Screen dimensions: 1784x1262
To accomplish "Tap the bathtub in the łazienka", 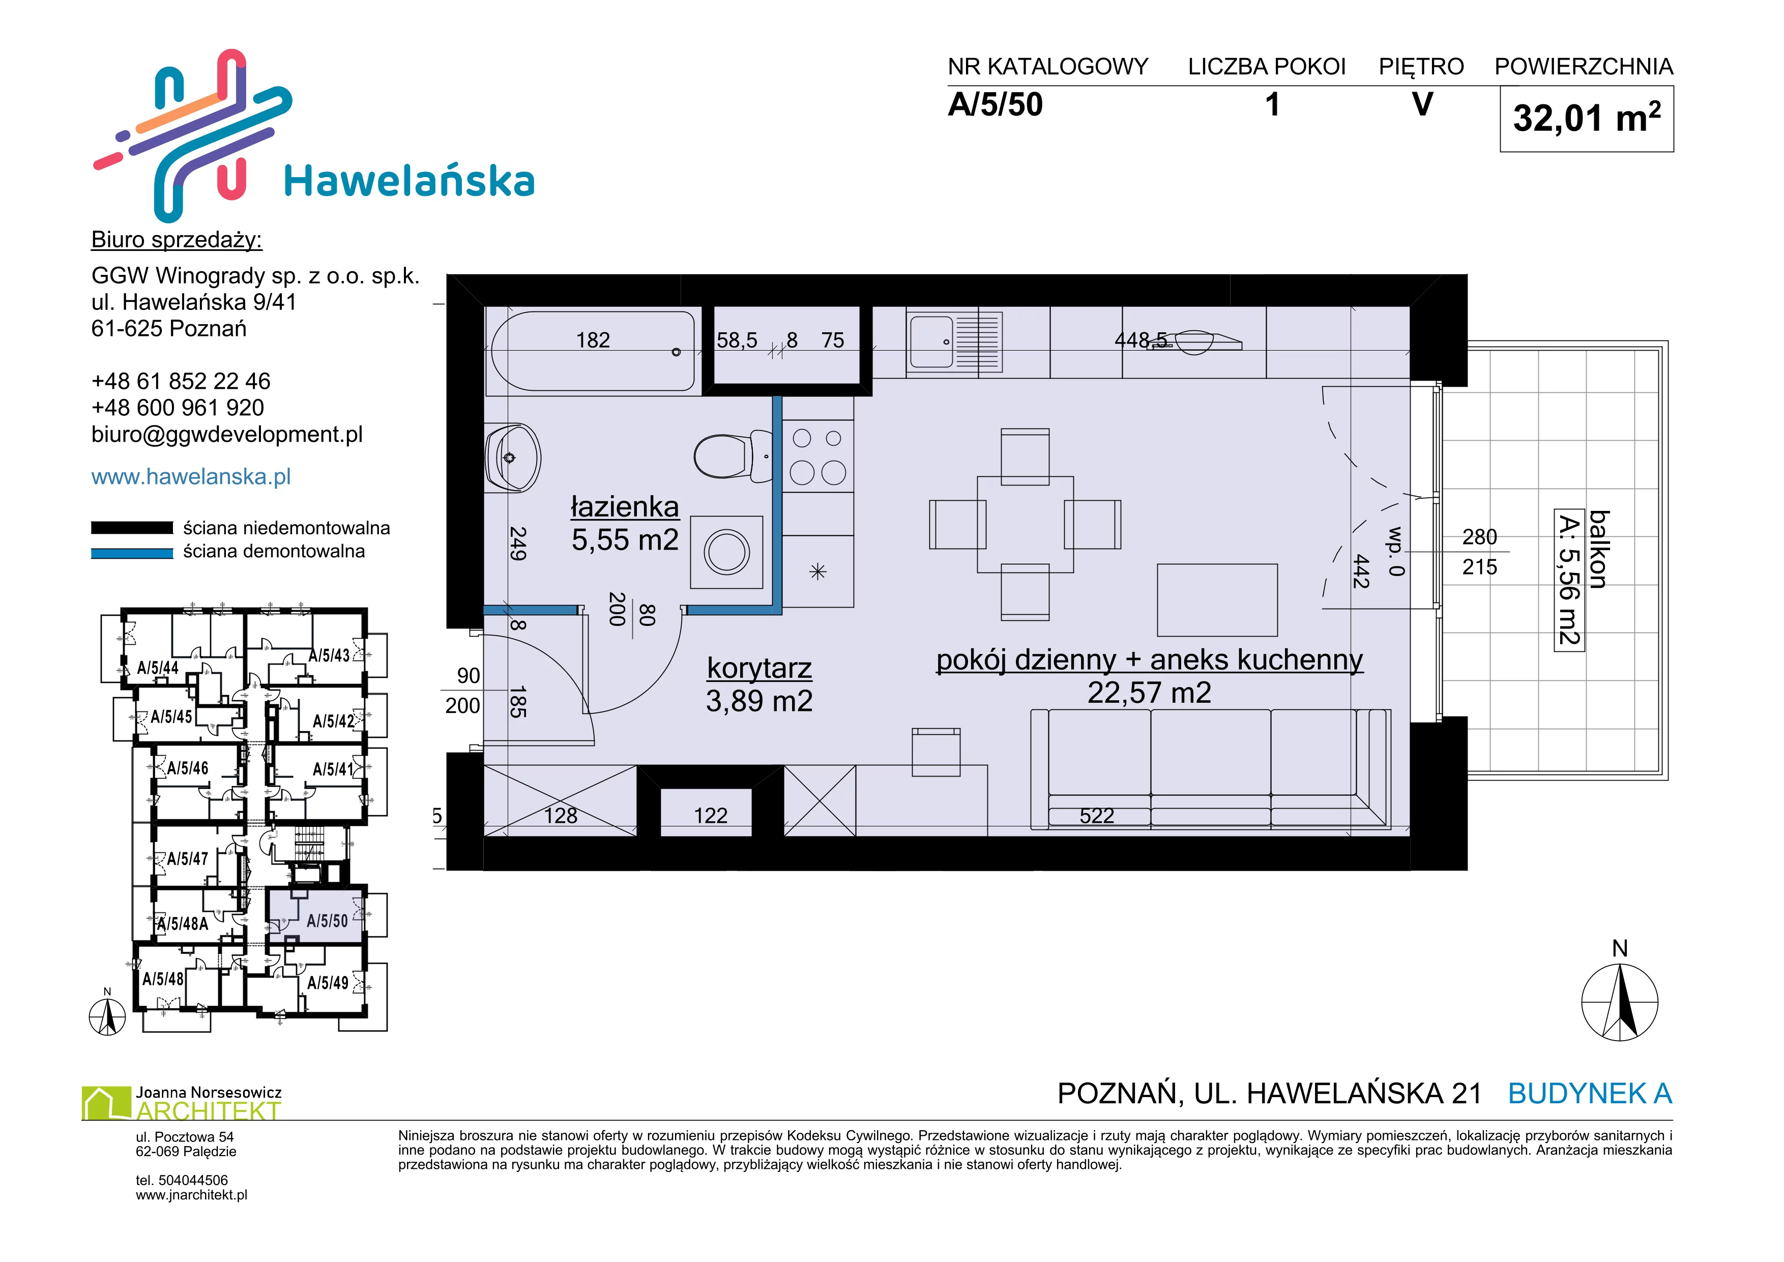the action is click(x=593, y=351).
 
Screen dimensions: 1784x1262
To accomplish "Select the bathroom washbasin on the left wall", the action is click(x=512, y=457).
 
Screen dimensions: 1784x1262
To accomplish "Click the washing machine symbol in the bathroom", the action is click(x=726, y=552).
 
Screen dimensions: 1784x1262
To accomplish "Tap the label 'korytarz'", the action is click(x=759, y=668).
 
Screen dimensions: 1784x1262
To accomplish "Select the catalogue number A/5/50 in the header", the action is click(x=996, y=105).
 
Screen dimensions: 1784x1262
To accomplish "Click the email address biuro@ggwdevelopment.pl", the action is click(x=227, y=435).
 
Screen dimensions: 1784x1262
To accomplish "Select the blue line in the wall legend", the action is click(x=132, y=553).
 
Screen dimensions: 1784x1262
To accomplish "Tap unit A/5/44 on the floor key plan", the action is click(x=158, y=668).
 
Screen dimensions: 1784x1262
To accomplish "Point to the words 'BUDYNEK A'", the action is click(x=1590, y=1094).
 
